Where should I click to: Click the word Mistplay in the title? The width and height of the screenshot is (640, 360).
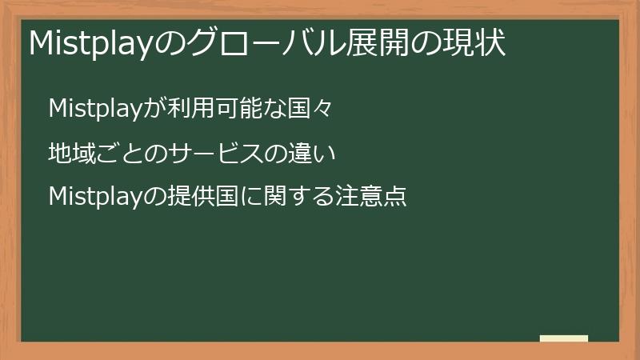click(90, 44)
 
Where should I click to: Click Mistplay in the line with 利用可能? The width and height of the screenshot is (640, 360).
click(95, 108)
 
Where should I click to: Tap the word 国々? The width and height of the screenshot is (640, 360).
click(308, 108)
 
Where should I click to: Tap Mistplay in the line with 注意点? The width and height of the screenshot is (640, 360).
click(95, 195)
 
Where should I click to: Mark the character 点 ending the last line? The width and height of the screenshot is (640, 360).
click(395, 195)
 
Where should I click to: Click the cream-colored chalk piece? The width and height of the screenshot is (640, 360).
click(564, 338)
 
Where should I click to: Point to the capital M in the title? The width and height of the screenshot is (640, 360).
click(40, 44)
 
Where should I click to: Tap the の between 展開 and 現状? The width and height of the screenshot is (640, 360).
click(420, 44)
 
